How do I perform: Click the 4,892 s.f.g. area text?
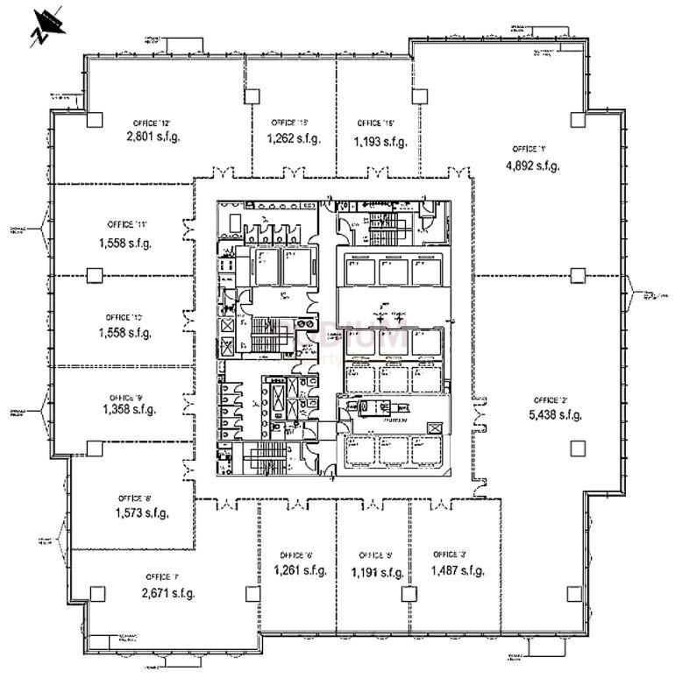pos(532,165)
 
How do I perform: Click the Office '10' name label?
pos(124,316)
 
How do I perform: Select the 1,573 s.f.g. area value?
pos(141,513)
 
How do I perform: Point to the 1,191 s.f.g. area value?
pos(378,573)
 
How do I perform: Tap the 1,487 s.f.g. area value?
pos(457,571)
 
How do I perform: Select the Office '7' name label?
pos(163,577)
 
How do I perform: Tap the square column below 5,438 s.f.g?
pos(576,448)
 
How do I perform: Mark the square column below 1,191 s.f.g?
pos(408,594)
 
